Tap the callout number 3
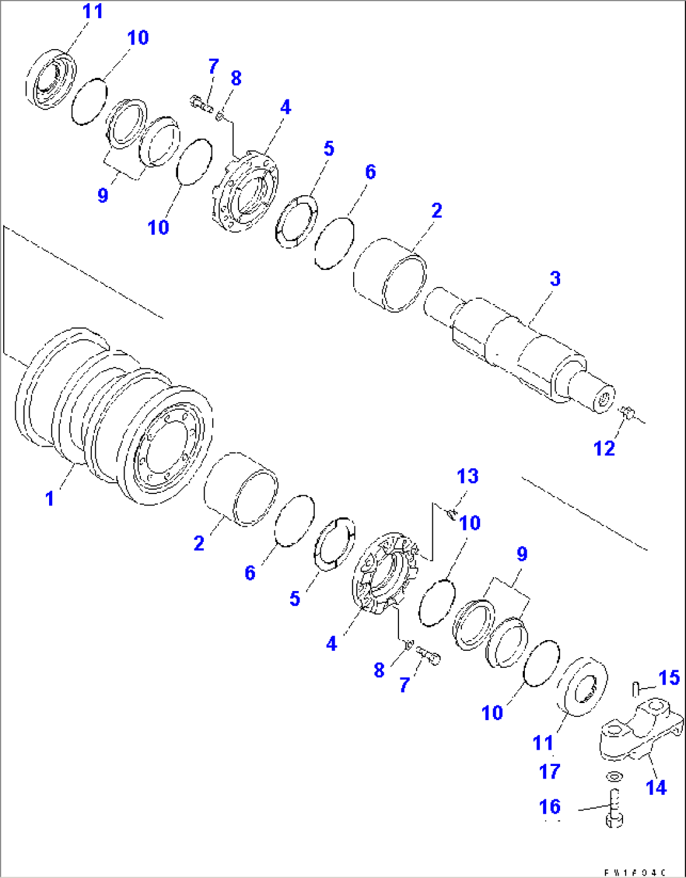pos(554,278)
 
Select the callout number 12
pos(604,448)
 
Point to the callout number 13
pos(468,476)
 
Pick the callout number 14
pos(656,787)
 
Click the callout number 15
pos(669,678)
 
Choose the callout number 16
pos(549,806)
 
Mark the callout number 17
pos(549,771)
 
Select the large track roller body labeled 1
pos(113,415)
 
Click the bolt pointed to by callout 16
pos(614,807)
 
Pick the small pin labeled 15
pos(636,688)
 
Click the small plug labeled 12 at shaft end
pos(625,413)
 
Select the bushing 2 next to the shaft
pos(390,274)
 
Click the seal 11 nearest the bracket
pos(585,686)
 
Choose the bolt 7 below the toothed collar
pos(429,656)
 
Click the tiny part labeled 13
pos(450,515)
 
